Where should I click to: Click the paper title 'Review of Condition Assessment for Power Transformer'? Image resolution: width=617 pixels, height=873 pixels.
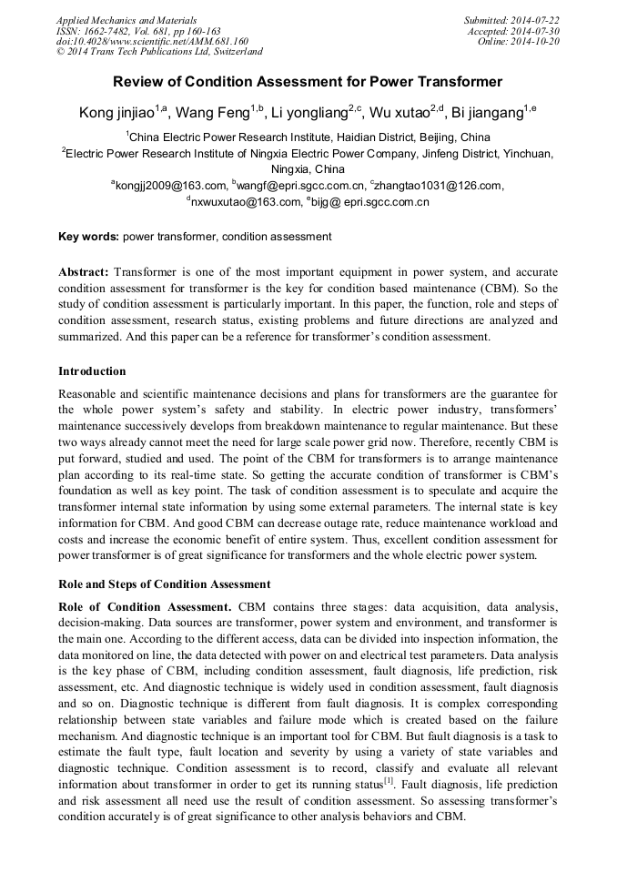pos(308,82)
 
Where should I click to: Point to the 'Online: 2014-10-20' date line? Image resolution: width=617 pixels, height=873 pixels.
pos(522,41)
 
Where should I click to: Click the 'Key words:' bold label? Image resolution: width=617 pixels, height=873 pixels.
pos(88,238)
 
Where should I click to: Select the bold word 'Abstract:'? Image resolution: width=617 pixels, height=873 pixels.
pos(84,272)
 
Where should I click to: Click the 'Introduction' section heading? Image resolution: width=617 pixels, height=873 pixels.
pos(92,371)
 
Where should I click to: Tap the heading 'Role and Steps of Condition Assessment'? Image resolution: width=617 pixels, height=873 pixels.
pos(164,584)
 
